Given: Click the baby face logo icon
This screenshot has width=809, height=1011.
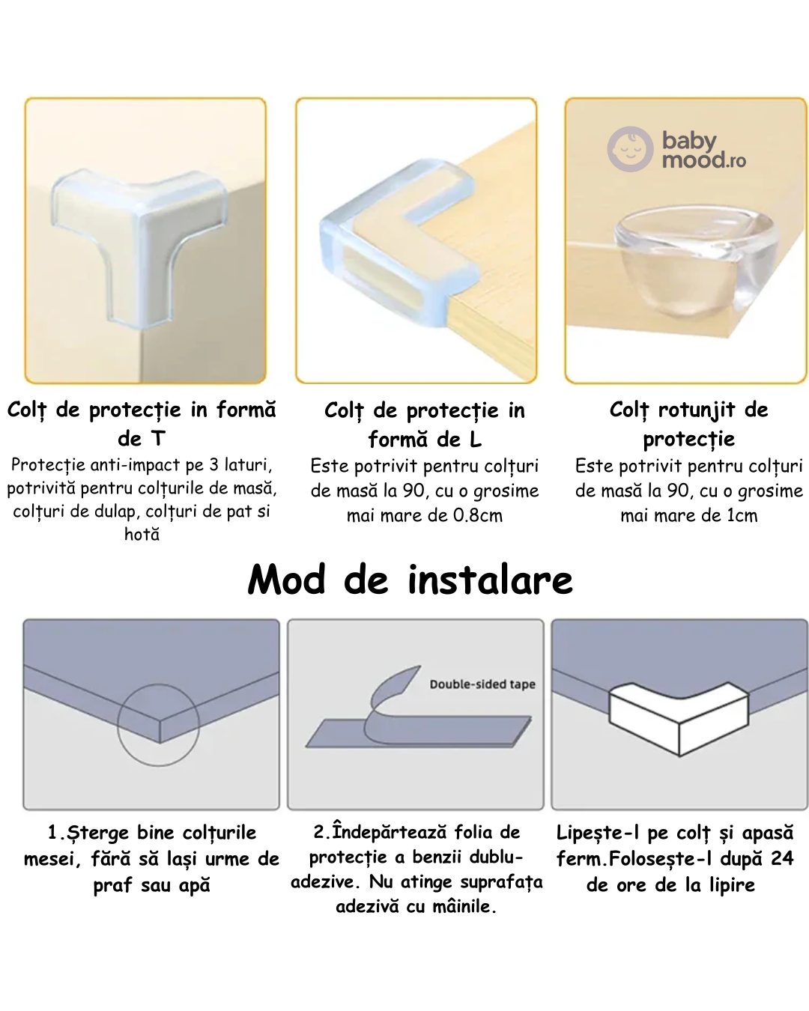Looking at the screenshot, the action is [630, 149].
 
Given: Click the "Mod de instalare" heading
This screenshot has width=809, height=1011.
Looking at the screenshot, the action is [410, 580].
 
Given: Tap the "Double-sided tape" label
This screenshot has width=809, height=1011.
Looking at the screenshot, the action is [482, 684].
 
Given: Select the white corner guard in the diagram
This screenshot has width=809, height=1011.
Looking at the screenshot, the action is [679, 718].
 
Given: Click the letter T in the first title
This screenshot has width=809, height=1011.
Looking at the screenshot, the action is [158, 439].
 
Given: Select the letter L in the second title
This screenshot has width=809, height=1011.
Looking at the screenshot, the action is [475, 440].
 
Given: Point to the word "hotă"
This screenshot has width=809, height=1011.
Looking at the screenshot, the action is [142, 534].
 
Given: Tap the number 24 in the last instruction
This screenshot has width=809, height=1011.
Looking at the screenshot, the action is [782, 858].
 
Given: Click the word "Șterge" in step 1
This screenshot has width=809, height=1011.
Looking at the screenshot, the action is [97, 833].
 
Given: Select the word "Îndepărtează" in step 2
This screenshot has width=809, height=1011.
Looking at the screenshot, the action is [389, 832].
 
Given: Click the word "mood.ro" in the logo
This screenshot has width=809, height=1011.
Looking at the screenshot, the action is [703, 160].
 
